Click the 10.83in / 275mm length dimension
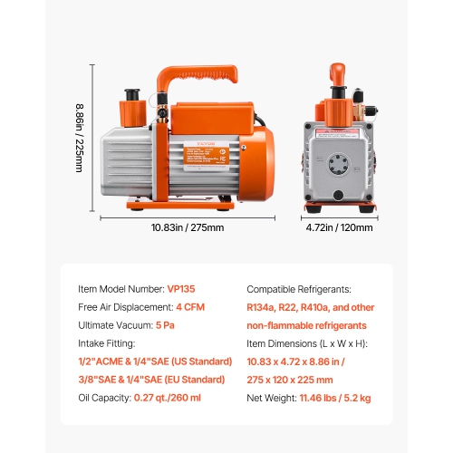[x=187, y=227]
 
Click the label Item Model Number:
[x=120, y=289]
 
